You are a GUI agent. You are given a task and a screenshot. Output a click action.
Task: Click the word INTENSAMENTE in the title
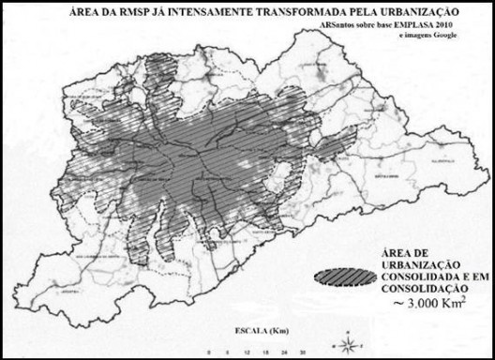(x=207, y=14)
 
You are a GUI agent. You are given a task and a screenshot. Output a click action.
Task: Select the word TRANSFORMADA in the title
(x=302, y=14)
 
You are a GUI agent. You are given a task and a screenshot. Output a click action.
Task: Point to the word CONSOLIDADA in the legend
(x=414, y=277)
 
